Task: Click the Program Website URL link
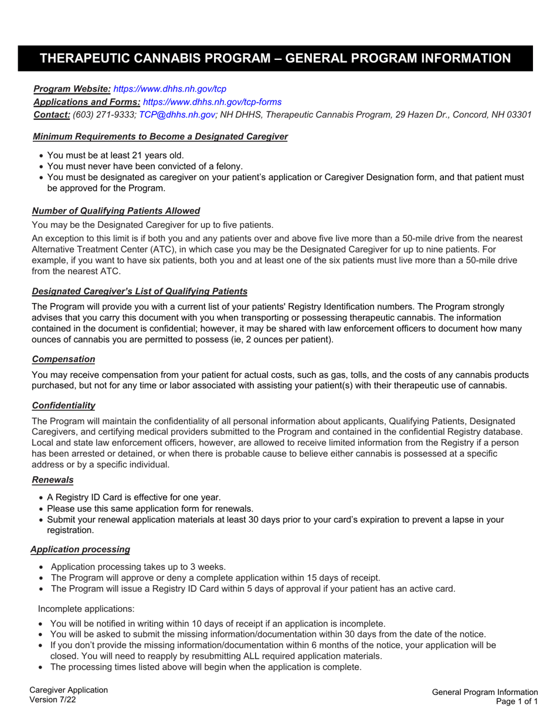pyautogui.click(x=169, y=89)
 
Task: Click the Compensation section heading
pyautogui.click(x=63, y=359)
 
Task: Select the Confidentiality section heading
pyautogui.click(x=63, y=406)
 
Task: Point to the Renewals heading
pyautogui.click(x=53, y=480)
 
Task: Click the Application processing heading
pyautogui.click(x=80, y=549)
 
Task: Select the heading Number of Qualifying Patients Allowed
pyautogui.click(x=116, y=211)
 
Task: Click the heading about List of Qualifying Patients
pyautogui.click(x=140, y=291)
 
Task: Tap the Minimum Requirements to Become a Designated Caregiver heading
pyautogui.click(x=160, y=136)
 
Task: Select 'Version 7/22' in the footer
pyautogui.click(x=52, y=700)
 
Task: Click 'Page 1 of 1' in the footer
pyautogui.click(x=516, y=701)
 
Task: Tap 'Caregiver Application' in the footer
pyautogui.click(x=69, y=690)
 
